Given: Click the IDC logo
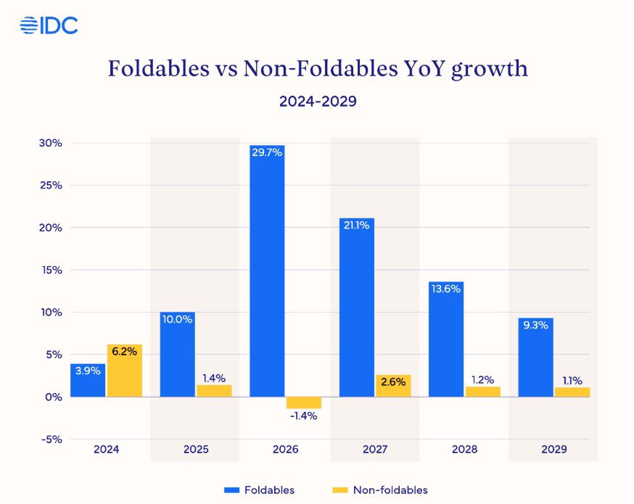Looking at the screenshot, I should (49, 25).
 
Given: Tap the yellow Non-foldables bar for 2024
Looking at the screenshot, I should (124, 371).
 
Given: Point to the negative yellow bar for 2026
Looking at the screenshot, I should (303, 402).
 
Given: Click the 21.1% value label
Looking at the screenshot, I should (357, 226).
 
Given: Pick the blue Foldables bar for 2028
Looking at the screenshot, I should (446, 339).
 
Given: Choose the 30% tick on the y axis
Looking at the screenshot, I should (52, 143).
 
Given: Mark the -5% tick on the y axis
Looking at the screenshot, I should (52, 439).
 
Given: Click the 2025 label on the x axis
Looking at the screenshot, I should (196, 450).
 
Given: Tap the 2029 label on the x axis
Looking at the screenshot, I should (554, 450).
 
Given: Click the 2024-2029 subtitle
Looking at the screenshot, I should (318, 102).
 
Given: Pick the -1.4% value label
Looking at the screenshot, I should (303, 416).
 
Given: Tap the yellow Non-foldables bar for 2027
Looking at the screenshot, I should (393, 386).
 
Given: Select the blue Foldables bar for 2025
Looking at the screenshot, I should (178, 355).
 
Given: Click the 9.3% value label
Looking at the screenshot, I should (536, 326).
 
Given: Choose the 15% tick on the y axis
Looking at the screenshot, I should (52, 270).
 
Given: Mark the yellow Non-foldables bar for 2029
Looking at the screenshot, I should (572, 392).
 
